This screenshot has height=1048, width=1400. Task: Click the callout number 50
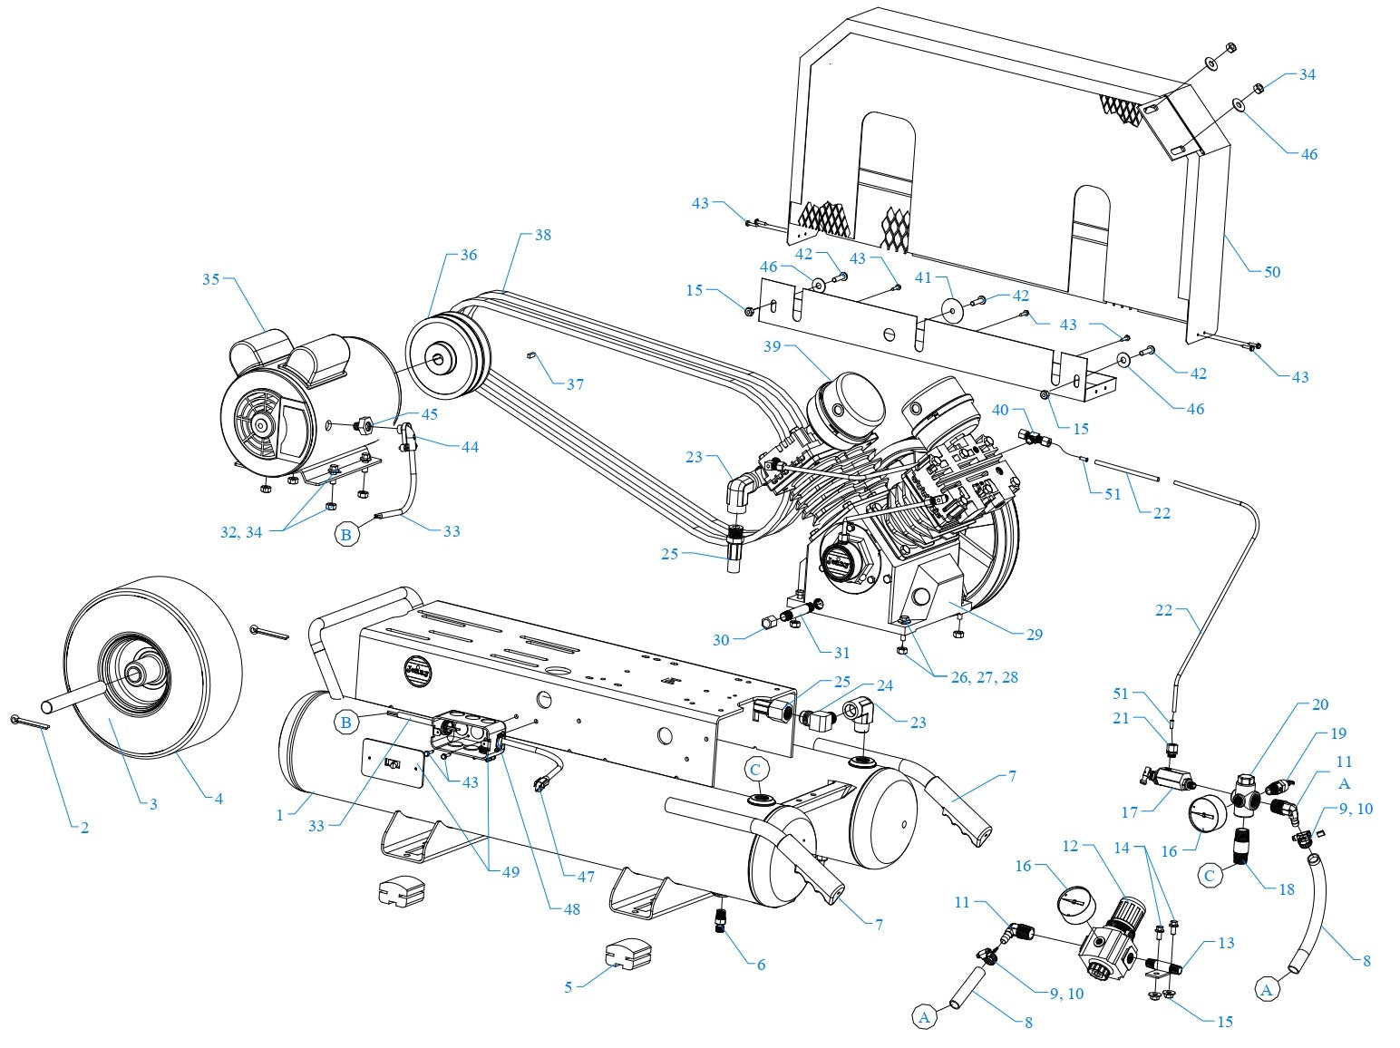[x=1271, y=272]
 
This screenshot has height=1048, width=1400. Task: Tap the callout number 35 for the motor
[x=210, y=279]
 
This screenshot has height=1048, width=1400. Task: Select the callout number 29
[x=1034, y=635]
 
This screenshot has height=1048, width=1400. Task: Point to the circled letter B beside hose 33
[x=345, y=536]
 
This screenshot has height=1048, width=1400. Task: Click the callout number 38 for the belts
[x=542, y=235]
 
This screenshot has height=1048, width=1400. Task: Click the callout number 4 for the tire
[x=218, y=799]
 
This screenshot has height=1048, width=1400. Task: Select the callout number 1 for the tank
[x=280, y=815]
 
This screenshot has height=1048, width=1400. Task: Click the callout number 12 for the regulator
[x=1070, y=846]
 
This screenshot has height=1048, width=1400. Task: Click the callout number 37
[x=575, y=384]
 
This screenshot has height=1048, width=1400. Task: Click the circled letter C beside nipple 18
[x=1210, y=876]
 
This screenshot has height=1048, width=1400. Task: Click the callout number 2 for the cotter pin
[x=83, y=828]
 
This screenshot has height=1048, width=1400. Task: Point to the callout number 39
[x=772, y=347]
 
